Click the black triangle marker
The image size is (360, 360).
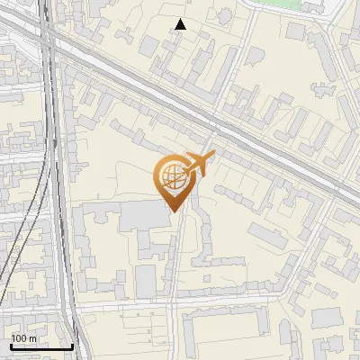[x=181, y=24]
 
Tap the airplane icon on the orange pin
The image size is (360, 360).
[x=198, y=165]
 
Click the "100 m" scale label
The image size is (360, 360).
[x=24, y=337]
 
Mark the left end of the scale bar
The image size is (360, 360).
[x=11, y=346]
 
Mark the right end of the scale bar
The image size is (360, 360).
[x=72, y=346]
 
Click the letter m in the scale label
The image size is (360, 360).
[x=33, y=337]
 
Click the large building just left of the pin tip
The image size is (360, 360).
[x=135, y=216]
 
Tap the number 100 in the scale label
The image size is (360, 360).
[x=20, y=337]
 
